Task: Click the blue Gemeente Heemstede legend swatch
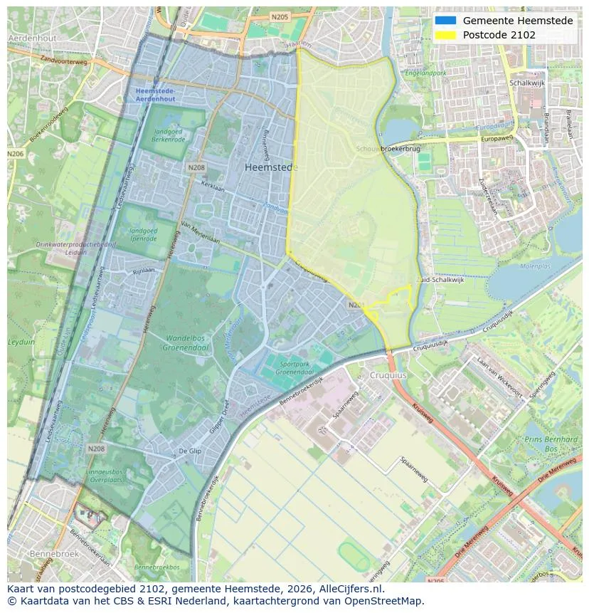pos(445,21)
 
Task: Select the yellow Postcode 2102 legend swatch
pos(445,35)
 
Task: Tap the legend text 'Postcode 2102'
pos(499,35)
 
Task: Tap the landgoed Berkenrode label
pos(169,136)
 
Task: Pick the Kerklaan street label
pos(213,184)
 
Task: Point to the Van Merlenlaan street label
pos(200,233)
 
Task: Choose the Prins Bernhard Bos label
pos(551,444)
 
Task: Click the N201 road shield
pos(356,305)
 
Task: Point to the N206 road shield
pos(15,153)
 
